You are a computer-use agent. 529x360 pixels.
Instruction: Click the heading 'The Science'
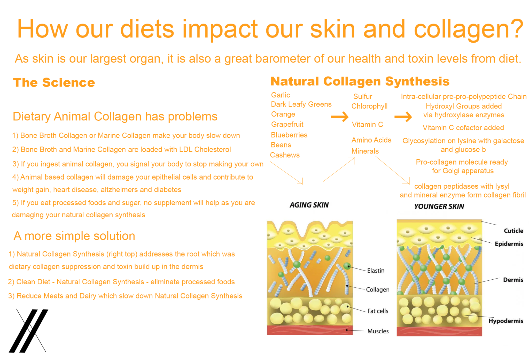click(54, 83)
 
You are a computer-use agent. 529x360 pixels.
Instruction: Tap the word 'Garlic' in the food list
click(281, 95)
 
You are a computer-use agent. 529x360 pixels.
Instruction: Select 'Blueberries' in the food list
click(289, 135)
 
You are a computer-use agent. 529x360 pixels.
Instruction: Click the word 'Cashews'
click(285, 155)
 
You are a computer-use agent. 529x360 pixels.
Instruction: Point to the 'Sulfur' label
click(363, 97)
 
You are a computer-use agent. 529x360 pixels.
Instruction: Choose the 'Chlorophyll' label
click(369, 106)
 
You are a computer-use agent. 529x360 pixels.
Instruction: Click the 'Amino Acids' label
click(371, 140)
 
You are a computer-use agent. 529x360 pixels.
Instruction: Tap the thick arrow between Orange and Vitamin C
click(340, 117)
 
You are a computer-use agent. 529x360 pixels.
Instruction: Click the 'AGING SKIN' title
click(309, 205)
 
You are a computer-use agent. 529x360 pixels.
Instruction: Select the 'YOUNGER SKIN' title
click(439, 206)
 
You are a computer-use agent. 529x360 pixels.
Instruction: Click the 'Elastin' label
click(376, 271)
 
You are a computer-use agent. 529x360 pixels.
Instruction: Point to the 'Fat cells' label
click(378, 311)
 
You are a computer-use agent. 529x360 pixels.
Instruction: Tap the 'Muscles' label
click(378, 331)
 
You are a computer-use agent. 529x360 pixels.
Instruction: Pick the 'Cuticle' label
click(513, 231)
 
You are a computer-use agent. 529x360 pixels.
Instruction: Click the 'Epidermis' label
click(509, 244)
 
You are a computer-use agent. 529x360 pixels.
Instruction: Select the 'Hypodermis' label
click(506, 321)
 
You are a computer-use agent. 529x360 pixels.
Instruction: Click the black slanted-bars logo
click(28, 331)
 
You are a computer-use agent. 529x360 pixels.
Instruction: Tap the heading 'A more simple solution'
click(74, 236)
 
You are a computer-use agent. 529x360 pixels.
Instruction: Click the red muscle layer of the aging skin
click(309, 330)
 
